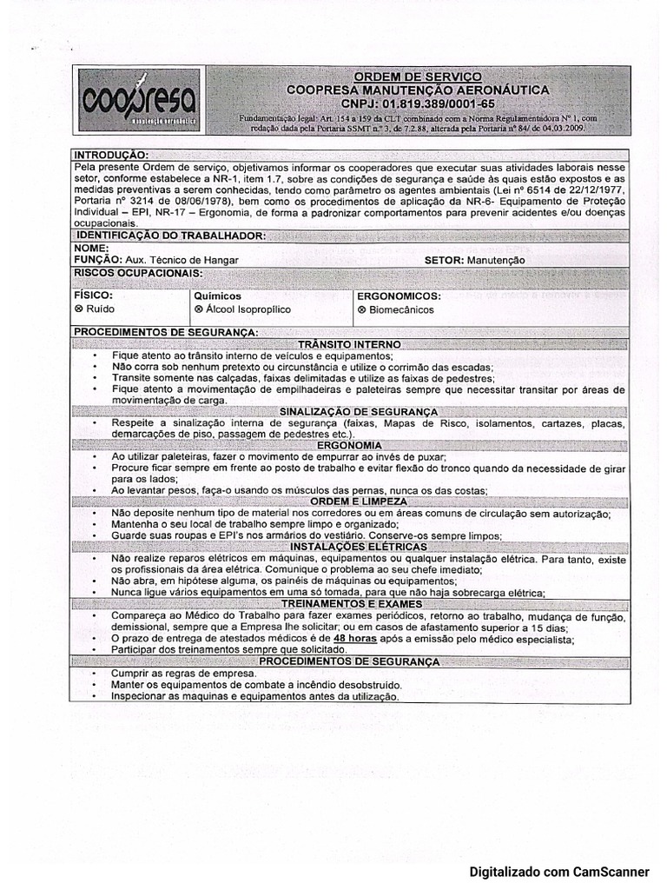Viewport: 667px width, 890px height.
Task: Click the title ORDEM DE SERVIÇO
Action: pos(418,77)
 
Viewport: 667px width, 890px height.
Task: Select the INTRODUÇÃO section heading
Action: pos(111,154)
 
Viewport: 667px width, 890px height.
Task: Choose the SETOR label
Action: pos(443,259)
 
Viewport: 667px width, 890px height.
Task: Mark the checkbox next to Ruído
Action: pos(79,309)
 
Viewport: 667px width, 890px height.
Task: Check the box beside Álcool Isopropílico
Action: pos(199,309)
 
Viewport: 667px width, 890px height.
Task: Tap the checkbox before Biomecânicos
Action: pos(361,309)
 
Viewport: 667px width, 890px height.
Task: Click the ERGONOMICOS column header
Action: pos(399,296)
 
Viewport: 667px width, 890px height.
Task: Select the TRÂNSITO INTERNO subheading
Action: pos(348,344)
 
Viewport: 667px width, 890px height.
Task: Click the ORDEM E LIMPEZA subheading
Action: pos(348,501)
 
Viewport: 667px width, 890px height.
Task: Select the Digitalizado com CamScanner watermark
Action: pos(559,871)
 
